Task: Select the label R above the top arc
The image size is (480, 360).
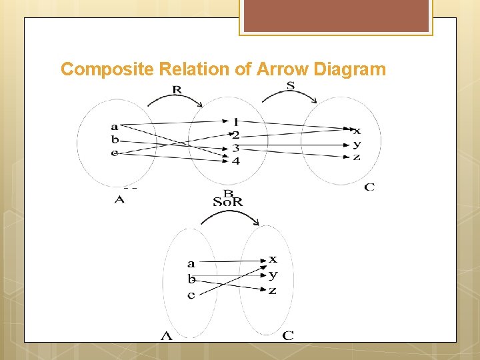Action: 177,90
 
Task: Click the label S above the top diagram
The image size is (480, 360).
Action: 291,85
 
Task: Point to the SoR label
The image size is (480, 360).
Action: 228,202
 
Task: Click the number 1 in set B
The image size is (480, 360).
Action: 235,122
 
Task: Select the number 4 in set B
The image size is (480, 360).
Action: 235,161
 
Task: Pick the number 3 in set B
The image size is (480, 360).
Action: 235,148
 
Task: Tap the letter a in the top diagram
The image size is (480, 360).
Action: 115,127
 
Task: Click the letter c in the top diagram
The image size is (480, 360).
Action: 115,153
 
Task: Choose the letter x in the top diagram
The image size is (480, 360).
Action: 357,131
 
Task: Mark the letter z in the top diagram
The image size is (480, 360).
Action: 357,157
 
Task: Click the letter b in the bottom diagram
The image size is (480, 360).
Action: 191,279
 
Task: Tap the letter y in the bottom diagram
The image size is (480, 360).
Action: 273,275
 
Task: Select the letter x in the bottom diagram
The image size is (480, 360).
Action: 273,259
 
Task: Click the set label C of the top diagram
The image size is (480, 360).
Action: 369,187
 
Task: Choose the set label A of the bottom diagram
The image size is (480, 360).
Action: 166,336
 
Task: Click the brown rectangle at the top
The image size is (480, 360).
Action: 335,15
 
